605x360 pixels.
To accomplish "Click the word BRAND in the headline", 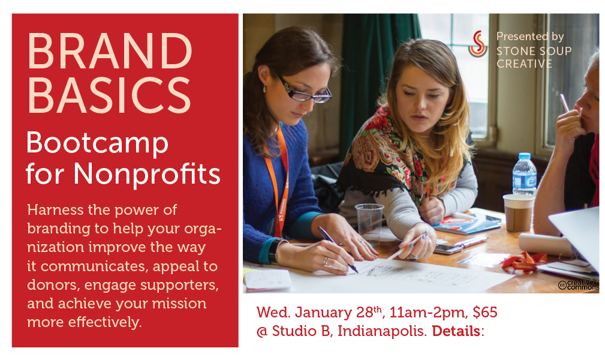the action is pos(110,50).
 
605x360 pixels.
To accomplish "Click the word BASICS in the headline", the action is pos(109,95).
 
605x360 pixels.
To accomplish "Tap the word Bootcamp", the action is pos(97,143).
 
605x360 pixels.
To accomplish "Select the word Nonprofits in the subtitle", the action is pos(147,174).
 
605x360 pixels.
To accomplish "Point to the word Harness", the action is pos(55,210).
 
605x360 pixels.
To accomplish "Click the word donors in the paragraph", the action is pos(53,284).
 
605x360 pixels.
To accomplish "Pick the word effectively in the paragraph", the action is pos(105,322).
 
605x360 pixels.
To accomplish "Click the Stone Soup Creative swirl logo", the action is pos(478,44).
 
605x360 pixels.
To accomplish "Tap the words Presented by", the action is pos(530,37).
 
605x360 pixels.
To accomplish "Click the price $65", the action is pos(485,312).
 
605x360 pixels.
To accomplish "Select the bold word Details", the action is pos(456,331).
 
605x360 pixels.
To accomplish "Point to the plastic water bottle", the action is pos(525,174).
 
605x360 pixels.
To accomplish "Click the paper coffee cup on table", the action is pos(518,212).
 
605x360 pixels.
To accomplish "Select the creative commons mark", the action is pos(577,285).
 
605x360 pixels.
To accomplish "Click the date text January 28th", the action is pos(338,312).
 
